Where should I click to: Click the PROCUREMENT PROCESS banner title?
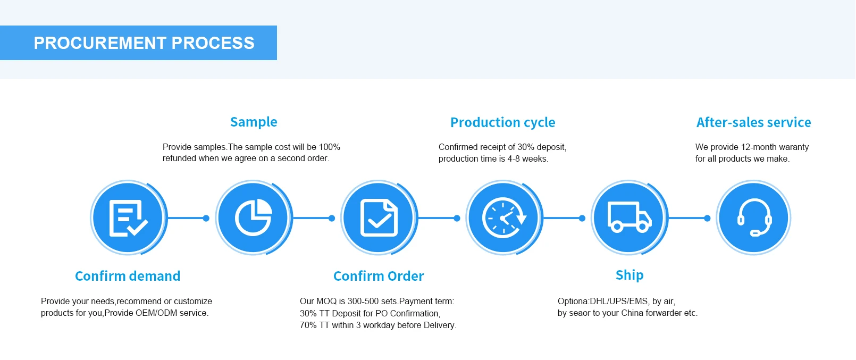click(x=144, y=43)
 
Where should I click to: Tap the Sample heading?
click(x=254, y=122)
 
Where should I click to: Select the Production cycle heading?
click(x=502, y=123)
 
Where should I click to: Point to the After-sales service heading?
click(x=753, y=123)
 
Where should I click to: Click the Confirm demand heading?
click(x=128, y=276)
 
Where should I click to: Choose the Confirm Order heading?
click(x=379, y=276)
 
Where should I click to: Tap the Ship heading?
click(x=630, y=275)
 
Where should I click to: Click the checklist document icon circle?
click(x=128, y=217)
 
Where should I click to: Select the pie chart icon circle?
click(x=253, y=217)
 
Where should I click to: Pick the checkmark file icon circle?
click(x=379, y=217)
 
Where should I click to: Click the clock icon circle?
click(x=503, y=217)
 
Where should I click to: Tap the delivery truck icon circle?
click(x=629, y=217)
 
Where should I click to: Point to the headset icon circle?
click(x=754, y=217)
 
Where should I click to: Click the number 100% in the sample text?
click(x=330, y=147)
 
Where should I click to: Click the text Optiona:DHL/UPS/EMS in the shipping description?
click(x=603, y=302)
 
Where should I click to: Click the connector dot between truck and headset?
click(x=707, y=218)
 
